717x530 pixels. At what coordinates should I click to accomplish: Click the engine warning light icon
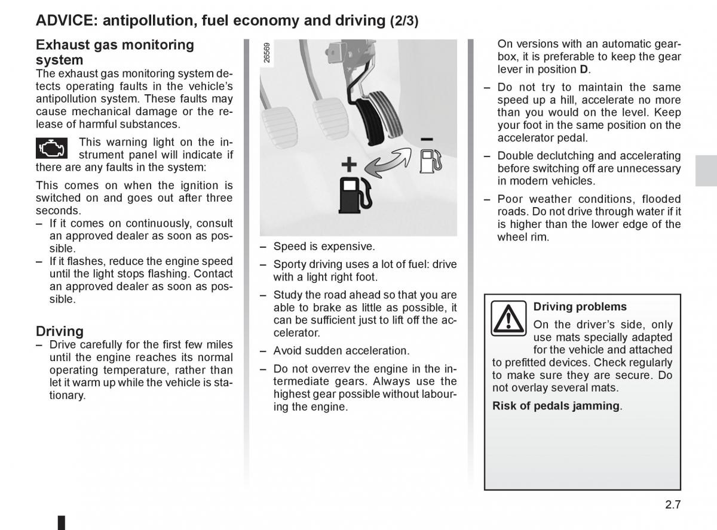[52, 147]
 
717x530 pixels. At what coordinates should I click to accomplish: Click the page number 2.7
[672, 504]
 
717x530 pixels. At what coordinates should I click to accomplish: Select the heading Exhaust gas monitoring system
[115, 52]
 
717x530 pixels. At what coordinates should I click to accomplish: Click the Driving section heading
[60, 331]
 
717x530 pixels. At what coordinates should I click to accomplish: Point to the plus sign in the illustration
[349, 164]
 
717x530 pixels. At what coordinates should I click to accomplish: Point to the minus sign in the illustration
[427, 139]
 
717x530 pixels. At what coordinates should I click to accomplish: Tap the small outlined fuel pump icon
[430, 162]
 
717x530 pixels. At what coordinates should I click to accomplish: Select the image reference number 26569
[267, 53]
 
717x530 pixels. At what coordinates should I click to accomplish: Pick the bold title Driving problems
[580, 307]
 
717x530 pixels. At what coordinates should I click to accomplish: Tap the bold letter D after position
[584, 69]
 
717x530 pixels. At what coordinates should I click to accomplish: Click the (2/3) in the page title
[404, 21]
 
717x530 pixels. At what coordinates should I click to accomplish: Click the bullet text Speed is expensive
[324, 246]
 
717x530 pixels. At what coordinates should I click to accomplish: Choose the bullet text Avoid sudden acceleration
[341, 350]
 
